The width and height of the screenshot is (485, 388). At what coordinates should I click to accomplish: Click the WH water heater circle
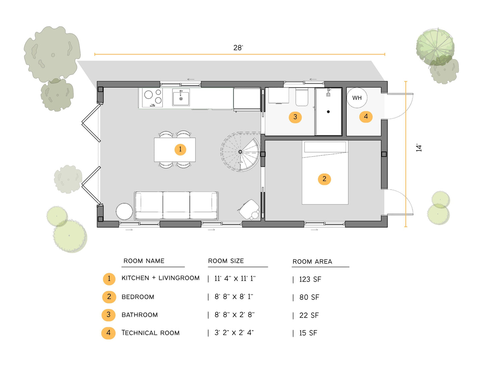point(357,98)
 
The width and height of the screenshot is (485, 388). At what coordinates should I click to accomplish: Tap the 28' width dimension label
point(238,48)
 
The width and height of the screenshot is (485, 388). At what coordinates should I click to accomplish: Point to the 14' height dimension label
point(419,148)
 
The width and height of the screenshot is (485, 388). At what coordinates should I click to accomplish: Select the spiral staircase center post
point(240,152)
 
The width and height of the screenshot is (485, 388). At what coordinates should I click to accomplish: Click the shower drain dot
point(328,112)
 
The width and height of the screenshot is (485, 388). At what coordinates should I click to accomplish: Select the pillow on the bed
point(325,147)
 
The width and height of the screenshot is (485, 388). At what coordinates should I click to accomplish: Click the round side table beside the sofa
point(124,211)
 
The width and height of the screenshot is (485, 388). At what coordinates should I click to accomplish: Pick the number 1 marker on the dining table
point(180,149)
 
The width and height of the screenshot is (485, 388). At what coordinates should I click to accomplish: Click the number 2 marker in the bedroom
point(324,179)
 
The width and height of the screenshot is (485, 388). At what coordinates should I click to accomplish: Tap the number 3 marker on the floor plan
point(295,117)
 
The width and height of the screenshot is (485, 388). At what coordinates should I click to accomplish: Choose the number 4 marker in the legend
point(108,333)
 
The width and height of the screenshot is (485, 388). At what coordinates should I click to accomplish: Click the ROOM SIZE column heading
point(226,261)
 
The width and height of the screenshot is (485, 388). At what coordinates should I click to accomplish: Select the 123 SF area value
point(310,279)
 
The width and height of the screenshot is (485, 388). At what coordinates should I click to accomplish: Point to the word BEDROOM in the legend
point(138,297)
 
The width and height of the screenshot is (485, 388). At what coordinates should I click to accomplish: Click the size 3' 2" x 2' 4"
point(234,333)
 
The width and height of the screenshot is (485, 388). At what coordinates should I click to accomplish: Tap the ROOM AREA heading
point(312,261)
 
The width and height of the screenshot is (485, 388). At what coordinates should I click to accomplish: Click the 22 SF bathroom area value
point(309,315)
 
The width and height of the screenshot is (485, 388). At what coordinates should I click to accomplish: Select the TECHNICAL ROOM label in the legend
point(150,333)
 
